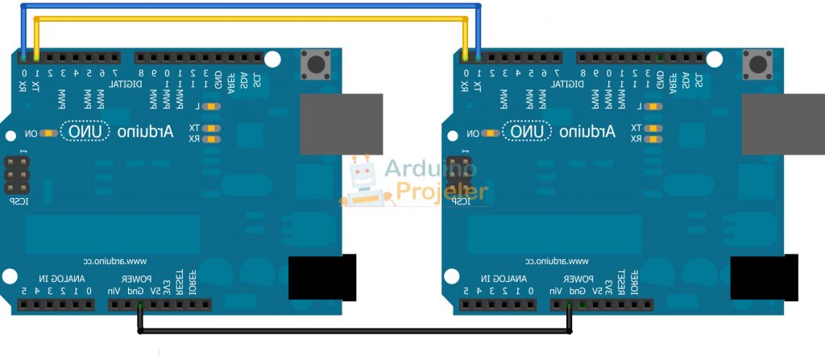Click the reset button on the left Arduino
(317, 63)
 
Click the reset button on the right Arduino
(757, 63)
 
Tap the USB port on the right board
(782, 124)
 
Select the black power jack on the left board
(322, 278)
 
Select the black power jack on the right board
(764, 278)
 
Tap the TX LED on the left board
(212, 128)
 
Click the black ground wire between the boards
(354, 331)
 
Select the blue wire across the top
(250, 6)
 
